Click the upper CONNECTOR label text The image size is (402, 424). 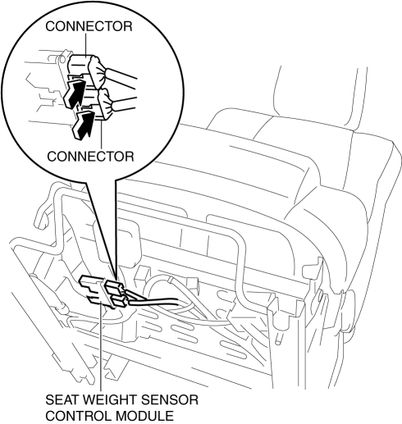point(89,26)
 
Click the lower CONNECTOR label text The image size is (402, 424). point(90,157)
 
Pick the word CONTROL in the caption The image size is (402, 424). point(78,416)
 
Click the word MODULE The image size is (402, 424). point(144,416)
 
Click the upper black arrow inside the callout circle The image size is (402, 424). point(73,93)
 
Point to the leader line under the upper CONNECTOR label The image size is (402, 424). point(86,44)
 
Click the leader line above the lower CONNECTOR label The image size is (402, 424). point(102,134)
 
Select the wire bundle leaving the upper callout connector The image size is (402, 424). point(121,78)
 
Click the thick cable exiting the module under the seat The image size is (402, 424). point(153,301)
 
